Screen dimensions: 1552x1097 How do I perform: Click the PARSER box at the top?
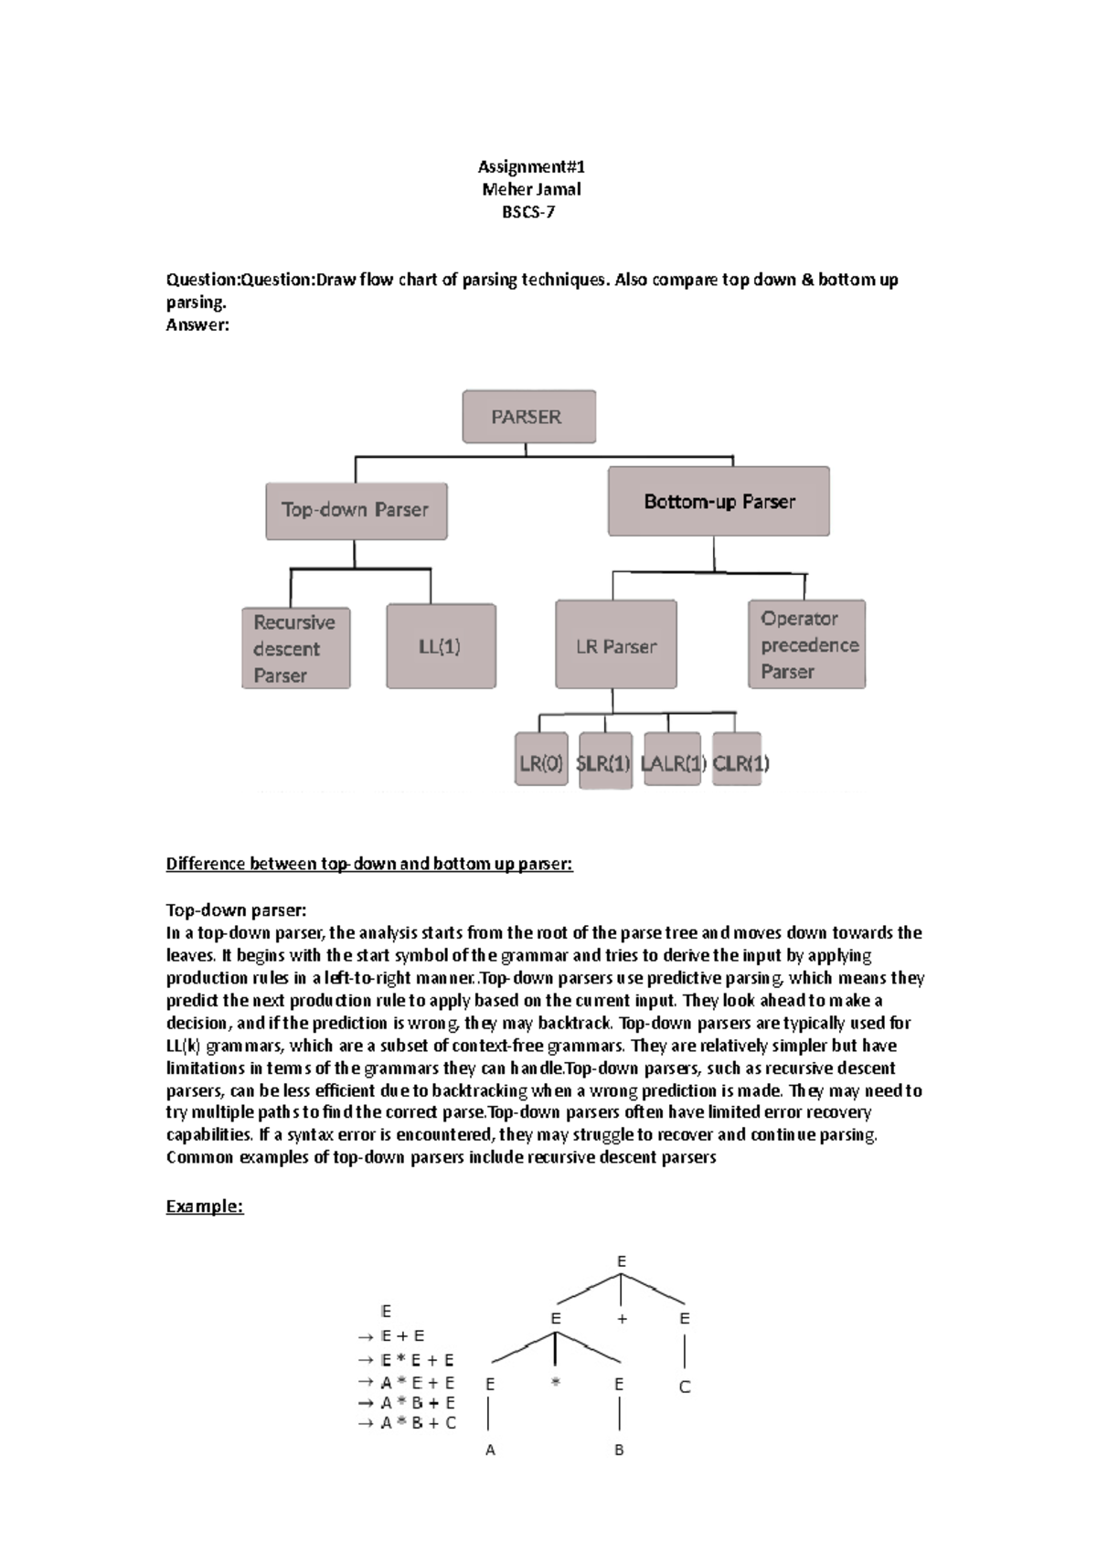[x=528, y=417]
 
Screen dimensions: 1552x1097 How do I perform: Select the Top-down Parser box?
[x=356, y=511]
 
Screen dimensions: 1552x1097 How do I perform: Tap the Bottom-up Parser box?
[x=719, y=501]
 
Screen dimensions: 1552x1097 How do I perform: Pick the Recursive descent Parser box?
[x=295, y=648]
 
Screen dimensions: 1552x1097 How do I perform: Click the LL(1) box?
[x=441, y=646]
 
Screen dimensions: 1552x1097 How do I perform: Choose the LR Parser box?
[x=615, y=645]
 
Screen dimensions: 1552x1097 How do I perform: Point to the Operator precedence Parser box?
[x=806, y=644]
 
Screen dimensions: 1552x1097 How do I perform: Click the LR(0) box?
[x=541, y=761]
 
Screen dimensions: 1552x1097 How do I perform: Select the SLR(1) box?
[x=604, y=761]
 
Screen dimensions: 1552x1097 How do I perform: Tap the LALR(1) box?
[x=672, y=761]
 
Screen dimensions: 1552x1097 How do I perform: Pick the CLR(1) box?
[x=738, y=761]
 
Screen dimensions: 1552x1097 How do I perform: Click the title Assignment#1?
[x=531, y=166]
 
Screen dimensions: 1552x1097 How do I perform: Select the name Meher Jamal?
[x=531, y=189]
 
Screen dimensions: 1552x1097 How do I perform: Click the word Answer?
[x=197, y=324]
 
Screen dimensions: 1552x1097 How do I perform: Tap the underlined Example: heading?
[x=205, y=1207]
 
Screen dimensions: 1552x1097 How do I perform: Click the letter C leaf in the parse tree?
[x=685, y=1387]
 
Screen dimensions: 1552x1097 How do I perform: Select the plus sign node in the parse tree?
[x=622, y=1319]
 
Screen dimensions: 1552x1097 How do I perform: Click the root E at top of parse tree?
[x=622, y=1261]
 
